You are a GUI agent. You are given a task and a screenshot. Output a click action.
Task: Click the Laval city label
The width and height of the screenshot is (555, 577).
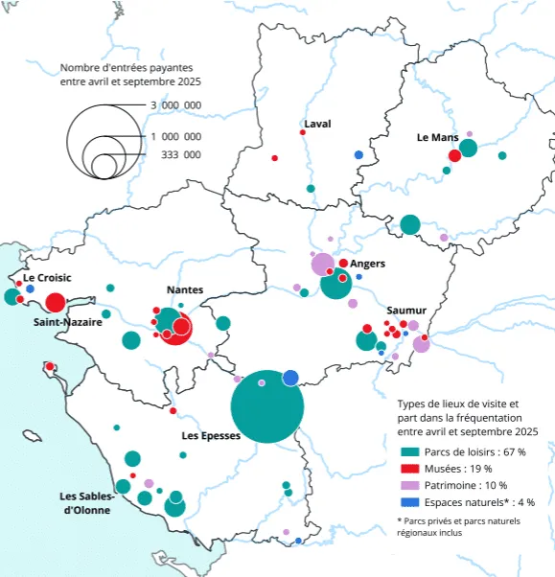click(317, 125)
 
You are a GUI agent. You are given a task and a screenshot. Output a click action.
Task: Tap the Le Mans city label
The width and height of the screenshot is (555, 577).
click(437, 137)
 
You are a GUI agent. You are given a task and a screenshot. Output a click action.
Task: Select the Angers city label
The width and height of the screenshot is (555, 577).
click(368, 264)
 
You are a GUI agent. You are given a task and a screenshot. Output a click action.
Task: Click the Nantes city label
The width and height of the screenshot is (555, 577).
click(184, 289)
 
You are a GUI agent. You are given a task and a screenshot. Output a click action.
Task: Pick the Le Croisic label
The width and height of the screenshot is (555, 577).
click(48, 278)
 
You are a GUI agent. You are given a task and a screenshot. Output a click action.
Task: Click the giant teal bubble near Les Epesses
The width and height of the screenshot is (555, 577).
click(268, 406)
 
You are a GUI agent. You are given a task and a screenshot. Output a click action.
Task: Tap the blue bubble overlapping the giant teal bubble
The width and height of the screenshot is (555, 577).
click(289, 378)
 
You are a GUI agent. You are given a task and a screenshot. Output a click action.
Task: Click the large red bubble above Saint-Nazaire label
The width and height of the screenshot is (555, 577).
click(55, 303)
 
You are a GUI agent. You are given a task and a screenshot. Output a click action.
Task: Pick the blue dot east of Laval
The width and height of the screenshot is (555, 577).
click(358, 155)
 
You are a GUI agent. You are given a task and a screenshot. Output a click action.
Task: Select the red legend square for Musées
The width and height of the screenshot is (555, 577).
click(407, 469)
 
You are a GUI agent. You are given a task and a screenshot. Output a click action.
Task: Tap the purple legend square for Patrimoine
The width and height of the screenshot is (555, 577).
click(407, 485)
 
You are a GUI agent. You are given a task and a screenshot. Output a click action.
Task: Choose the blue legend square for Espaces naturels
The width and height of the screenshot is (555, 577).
click(407, 501)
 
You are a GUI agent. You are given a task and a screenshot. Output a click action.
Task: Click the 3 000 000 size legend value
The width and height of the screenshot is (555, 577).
click(175, 105)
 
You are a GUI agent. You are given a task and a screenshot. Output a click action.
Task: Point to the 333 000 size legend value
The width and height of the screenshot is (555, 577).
click(180, 154)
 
